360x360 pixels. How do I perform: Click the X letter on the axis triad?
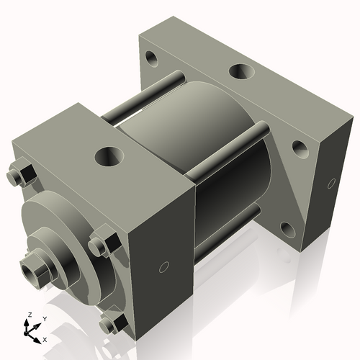pyautogui.click(x=45, y=338)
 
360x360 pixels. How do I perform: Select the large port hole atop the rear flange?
pyautogui.click(x=240, y=72)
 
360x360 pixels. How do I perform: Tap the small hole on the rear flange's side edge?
pyautogui.click(x=331, y=181)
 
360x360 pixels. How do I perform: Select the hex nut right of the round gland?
pyautogui.click(x=102, y=244)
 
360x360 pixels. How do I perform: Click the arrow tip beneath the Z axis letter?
pyautogui.click(x=27, y=323)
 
